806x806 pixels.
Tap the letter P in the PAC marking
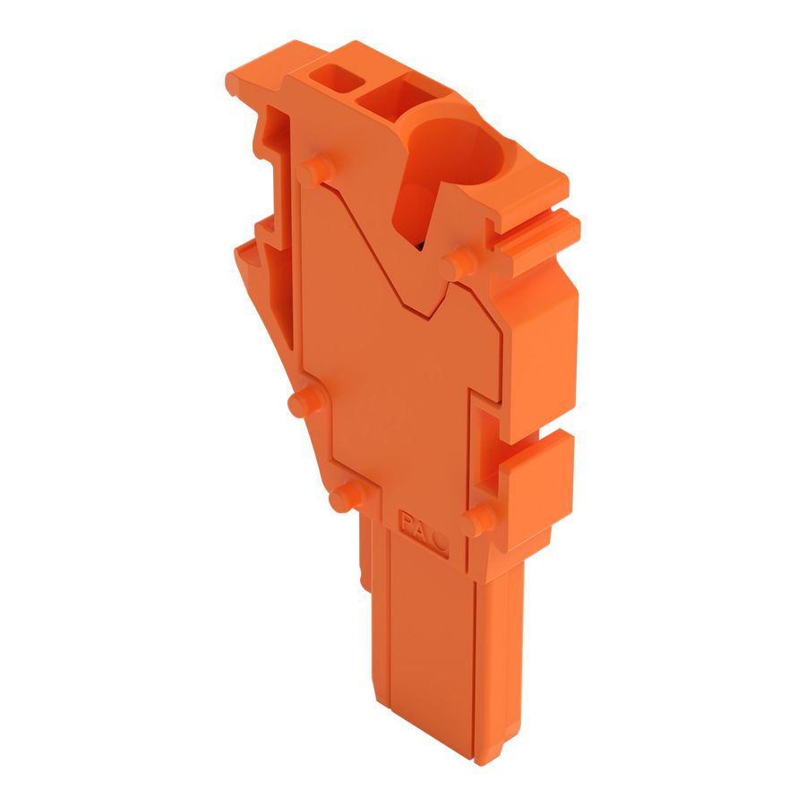[407, 517]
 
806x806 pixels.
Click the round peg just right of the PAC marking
[480, 519]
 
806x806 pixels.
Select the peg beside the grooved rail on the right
[460, 262]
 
